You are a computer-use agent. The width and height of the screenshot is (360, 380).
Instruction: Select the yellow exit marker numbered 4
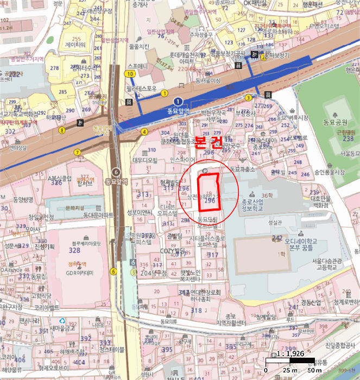pos(144,131)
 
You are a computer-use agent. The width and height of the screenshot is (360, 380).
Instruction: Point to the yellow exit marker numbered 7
pos(78,153)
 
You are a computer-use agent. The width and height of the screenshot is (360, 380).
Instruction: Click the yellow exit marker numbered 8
pos(62,130)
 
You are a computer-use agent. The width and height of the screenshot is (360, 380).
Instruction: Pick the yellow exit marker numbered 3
pos(248,98)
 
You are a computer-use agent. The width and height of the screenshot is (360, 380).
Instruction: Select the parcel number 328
pos(74,250)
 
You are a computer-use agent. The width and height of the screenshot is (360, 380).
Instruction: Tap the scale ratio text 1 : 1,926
pos(291,353)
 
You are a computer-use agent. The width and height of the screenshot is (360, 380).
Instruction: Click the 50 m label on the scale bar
pos(315,370)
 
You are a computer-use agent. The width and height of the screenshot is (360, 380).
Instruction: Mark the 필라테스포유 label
pos(141,88)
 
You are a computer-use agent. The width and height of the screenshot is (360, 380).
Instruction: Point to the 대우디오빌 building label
pos(145,160)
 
